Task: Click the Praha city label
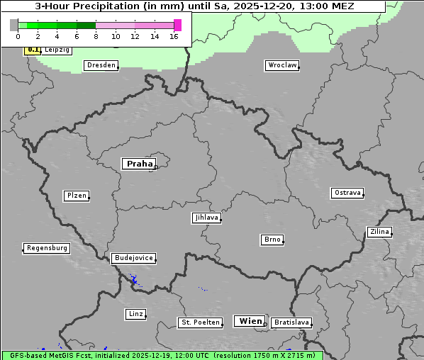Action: click(x=139, y=164)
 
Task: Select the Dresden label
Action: click(x=101, y=65)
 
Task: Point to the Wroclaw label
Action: click(x=282, y=65)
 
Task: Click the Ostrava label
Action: click(x=347, y=193)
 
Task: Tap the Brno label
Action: click(x=272, y=240)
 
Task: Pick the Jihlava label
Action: click(x=206, y=218)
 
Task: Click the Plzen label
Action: click(x=76, y=196)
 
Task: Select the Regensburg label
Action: click(x=47, y=248)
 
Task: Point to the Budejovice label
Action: click(x=133, y=258)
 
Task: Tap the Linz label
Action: click(x=135, y=313)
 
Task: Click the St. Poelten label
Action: click(x=196, y=322)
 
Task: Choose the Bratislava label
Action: click(x=291, y=322)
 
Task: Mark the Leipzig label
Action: click(x=57, y=50)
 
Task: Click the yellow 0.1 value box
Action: click(x=33, y=50)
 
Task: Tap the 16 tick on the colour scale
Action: click(x=174, y=36)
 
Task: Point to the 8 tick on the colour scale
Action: click(x=96, y=36)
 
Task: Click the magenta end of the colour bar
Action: click(x=177, y=25)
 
